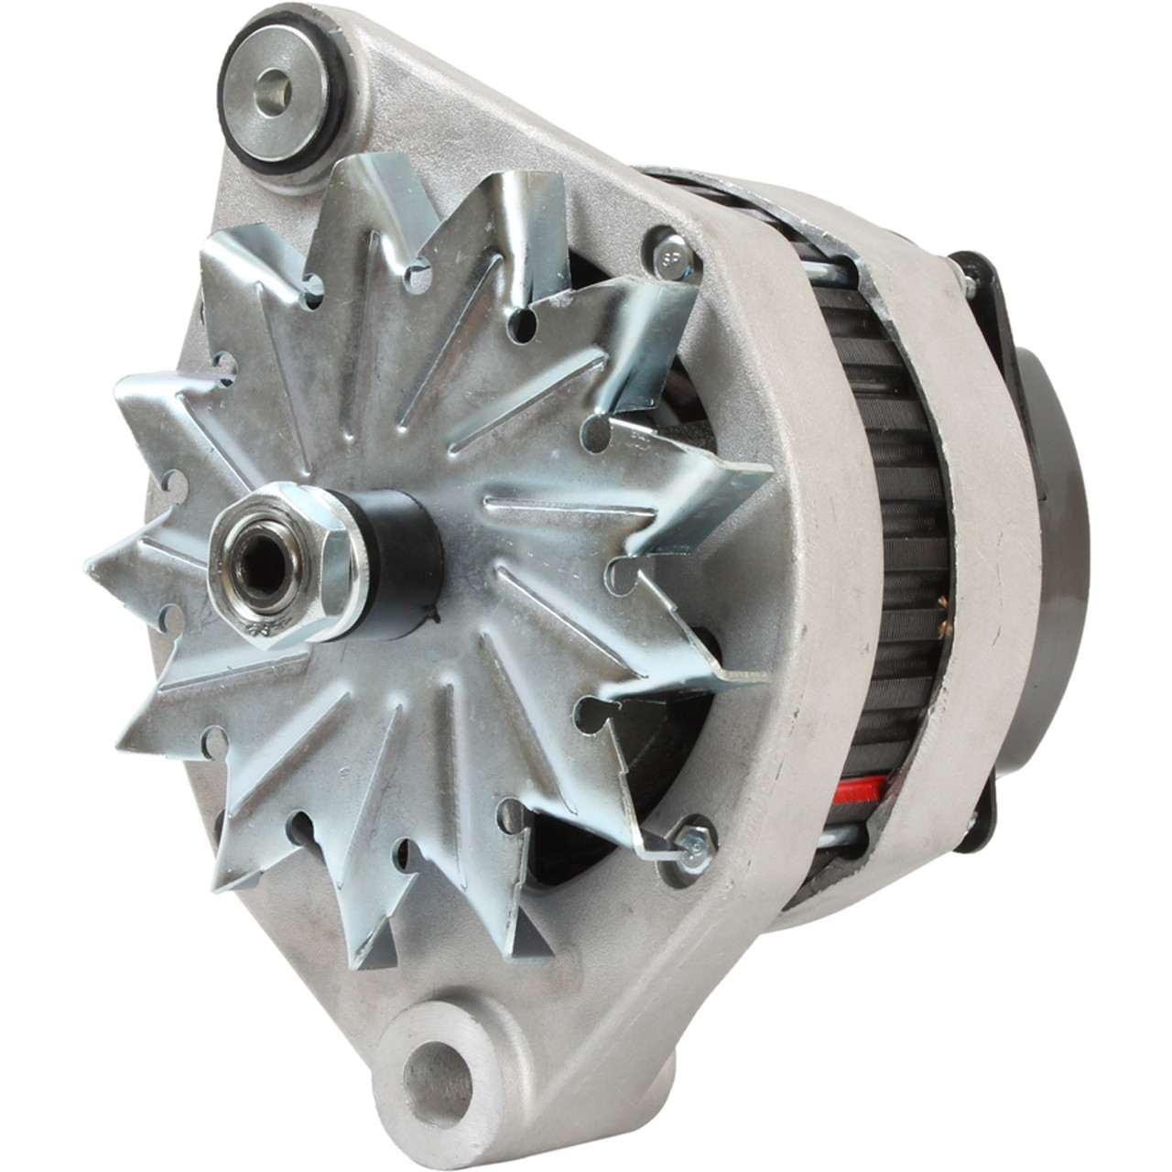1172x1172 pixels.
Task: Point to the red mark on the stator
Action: coord(867,787)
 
